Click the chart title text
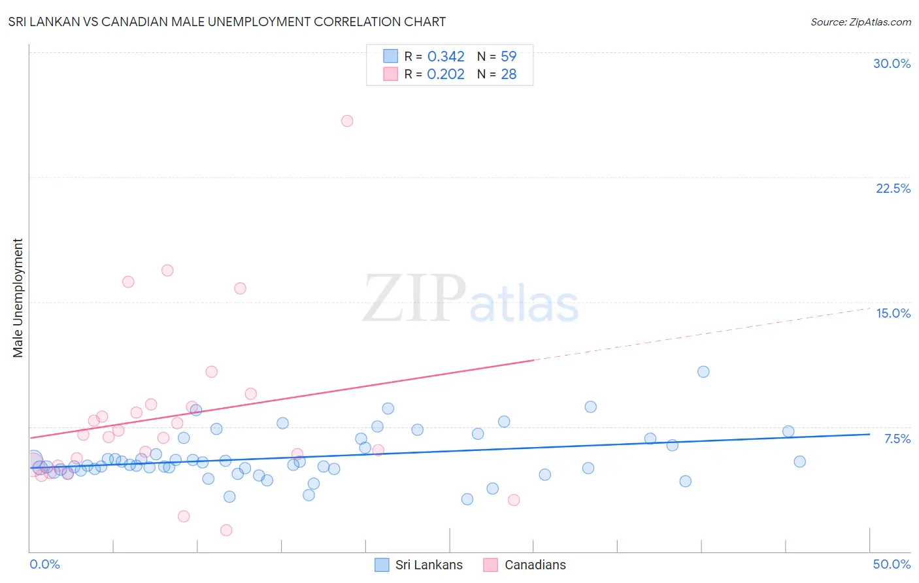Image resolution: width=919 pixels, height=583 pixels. pos(227,22)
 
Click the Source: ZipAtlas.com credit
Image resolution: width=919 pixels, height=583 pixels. pos(860,22)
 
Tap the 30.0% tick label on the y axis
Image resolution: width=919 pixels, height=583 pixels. pos(892,63)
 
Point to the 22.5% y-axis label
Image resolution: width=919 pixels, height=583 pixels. pos(893,188)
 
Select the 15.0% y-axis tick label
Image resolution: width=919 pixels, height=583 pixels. pos(893,313)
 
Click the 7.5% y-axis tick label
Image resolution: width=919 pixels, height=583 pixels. pos(897,439)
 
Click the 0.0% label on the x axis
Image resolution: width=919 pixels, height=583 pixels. pos(44,564)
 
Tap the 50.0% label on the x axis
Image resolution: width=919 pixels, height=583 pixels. pos(892,564)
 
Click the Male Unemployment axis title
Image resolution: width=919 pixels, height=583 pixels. pos(18,298)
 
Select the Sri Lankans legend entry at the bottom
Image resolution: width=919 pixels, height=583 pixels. pos(428,565)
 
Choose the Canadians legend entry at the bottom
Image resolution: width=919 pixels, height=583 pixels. pos(535,565)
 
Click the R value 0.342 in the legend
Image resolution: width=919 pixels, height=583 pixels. pos(446,57)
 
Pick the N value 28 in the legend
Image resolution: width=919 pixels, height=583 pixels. pos(509,75)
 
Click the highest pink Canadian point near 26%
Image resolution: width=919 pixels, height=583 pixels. pos(347,121)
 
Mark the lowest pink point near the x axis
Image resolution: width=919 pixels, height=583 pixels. pos(226,530)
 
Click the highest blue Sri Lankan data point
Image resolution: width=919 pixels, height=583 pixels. pos(703,372)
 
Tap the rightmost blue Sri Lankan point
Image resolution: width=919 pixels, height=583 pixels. pos(799,461)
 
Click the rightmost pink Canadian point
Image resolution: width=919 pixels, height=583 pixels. pos(514,500)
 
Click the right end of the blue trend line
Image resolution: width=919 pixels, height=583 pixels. pos(869,434)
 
